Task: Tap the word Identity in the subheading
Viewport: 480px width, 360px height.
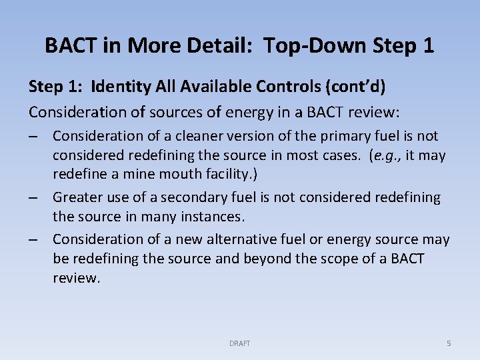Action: pyautogui.click(x=121, y=87)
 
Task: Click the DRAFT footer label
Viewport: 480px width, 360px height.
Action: pyautogui.click(x=240, y=343)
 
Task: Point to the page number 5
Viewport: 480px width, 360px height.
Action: pyautogui.click(x=449, y=343)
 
